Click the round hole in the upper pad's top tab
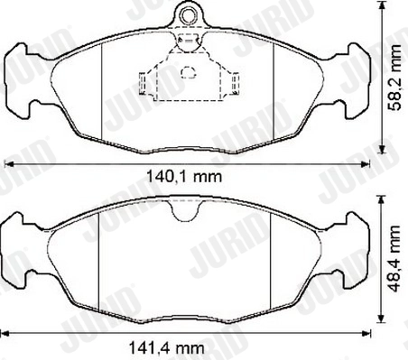point(188,15)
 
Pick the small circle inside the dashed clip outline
point(188,75)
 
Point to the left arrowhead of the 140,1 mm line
point(10,163)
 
